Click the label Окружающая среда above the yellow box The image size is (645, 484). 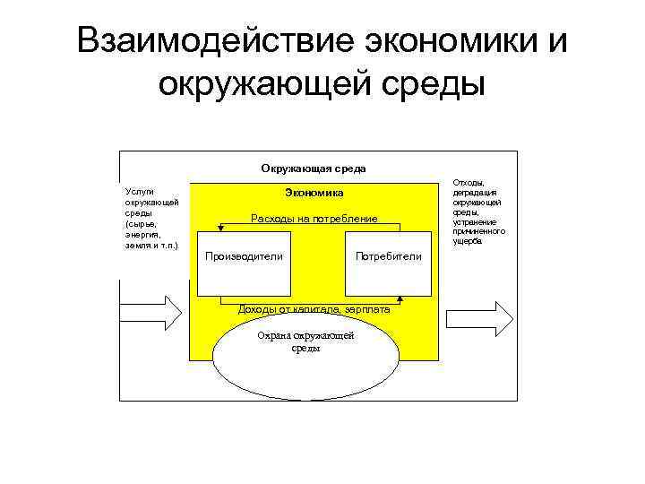(314, 169)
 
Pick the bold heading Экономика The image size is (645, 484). (314, 193)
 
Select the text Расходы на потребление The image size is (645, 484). (314, 219)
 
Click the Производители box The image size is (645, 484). (245, 257)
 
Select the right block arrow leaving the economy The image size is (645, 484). (480, 315)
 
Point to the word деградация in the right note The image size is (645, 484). (476, 193)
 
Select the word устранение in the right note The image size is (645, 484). (476, 221)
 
